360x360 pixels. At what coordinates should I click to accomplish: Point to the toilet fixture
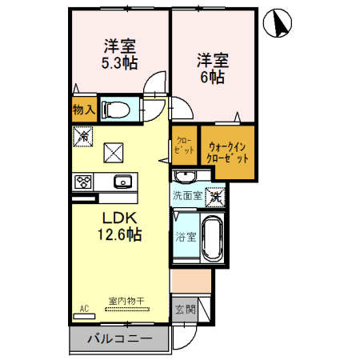tap(119, 109)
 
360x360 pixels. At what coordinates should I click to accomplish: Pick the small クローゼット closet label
tap(183, 144)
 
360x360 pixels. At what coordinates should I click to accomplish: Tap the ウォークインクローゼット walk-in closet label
tap(228, 151)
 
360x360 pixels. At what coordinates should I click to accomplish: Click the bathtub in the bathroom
tap(212, 238)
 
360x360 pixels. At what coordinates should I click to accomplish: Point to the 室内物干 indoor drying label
tap(126, 302)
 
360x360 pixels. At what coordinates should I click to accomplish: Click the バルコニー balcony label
tap(118, 340)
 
